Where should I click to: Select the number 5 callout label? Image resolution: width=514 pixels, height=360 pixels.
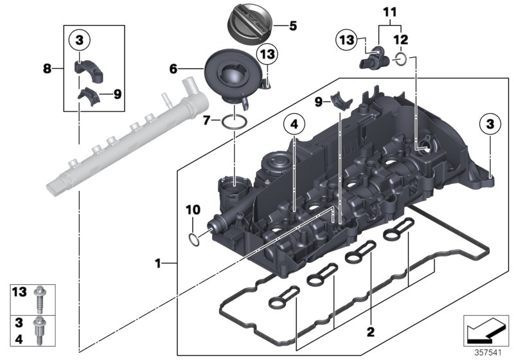[x=293, y=26]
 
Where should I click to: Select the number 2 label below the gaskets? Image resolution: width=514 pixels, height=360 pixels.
[x=369, y=332]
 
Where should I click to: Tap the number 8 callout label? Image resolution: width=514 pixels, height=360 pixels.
[x=56, y=67]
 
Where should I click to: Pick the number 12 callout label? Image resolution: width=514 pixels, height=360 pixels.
[x=401, y=39]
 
